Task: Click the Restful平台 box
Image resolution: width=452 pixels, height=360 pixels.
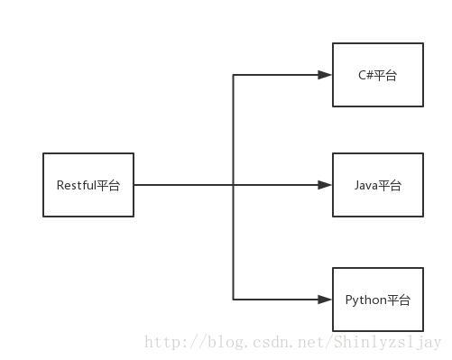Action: [x=88, y=185]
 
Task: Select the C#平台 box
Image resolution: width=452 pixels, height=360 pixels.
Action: [x=378, y=75]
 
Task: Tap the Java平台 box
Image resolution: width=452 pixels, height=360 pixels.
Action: [x=378, y=185]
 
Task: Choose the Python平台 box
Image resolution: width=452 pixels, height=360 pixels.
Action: [x=378, y=299]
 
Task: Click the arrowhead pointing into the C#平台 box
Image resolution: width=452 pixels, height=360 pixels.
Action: [x=326, y=75]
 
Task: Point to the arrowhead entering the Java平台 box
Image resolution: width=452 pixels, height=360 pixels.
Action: [x=326, y=185]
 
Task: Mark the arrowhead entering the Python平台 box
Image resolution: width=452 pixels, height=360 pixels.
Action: [x=326, y=299]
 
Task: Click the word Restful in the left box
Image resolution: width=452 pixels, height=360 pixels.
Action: [x=76, y=185]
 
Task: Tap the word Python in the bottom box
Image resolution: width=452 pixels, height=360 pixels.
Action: [x=364, y=300]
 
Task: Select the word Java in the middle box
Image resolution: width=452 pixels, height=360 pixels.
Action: [x=365, y=185]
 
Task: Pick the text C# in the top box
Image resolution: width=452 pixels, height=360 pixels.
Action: [x=365, y=75]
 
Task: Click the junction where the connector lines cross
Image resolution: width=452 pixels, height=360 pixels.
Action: [x=234, y=185]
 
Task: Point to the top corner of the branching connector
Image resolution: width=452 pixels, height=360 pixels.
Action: [x=234, y=75]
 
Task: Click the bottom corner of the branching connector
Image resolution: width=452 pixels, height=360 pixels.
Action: [x=234, y=299]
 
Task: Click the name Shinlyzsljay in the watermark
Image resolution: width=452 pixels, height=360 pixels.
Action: [x=388, y=343]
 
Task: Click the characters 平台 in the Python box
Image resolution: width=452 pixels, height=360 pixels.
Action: [x=399, y=300]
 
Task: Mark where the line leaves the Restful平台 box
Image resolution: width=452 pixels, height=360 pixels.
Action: [x=134, y=185]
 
